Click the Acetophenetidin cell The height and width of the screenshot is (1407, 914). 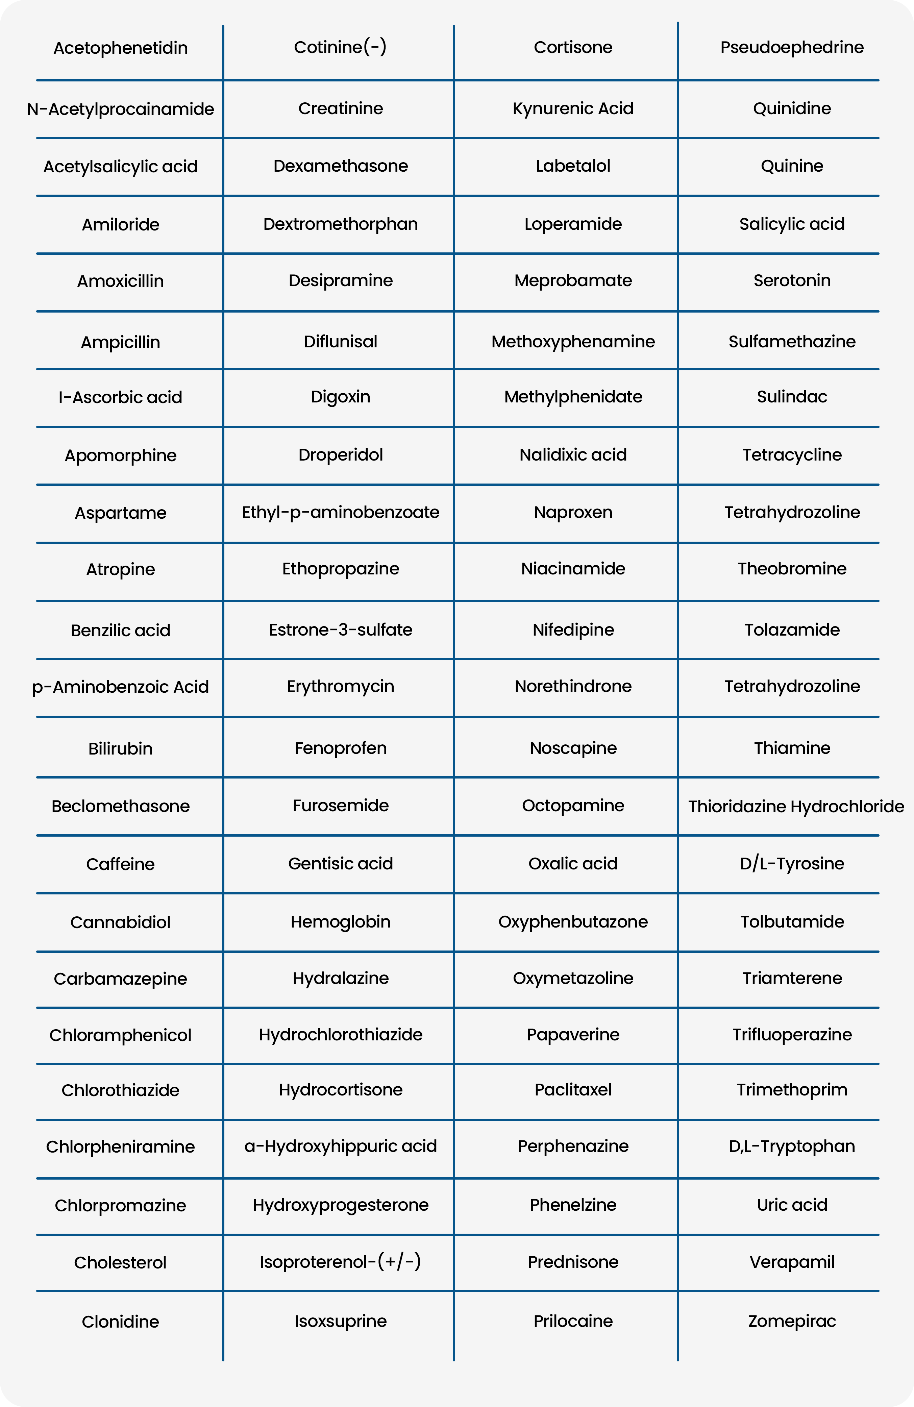point(121,48)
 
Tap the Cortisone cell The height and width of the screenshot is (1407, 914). point(573,47)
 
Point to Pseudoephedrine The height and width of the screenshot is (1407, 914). point(792,47)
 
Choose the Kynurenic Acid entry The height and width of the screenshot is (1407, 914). point(573,109)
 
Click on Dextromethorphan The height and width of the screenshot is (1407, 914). point(341,224)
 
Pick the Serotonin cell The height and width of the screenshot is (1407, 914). point(792,280)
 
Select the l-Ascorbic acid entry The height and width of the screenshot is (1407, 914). point(121,397)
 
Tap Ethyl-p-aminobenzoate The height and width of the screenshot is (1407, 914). point(341,512)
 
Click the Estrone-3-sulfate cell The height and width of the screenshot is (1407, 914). point(341,630)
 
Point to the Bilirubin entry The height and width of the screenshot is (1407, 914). point(121,748)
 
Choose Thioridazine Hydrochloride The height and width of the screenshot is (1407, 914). point(796,806)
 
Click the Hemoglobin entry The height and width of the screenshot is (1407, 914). point(341,922)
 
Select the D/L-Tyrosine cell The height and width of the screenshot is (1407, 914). point(792,864)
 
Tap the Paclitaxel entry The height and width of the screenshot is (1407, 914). point(573,1089)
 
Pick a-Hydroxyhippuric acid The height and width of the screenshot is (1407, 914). point(341,1146)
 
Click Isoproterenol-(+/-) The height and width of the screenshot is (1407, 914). point(341,1262)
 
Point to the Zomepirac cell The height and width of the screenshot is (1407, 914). point(792,1321)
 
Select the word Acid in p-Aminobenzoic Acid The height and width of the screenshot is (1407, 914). point(191,687)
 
